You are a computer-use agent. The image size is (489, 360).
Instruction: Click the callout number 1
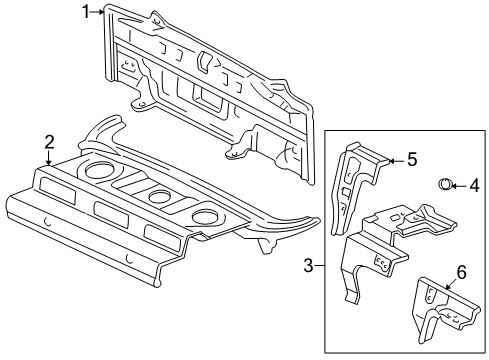tap(86, 11)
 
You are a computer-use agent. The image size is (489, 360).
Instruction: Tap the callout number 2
tap(48, 143)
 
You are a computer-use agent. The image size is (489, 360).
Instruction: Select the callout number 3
tap(309, 265)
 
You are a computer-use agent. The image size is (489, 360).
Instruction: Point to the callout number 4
tap(475, 184)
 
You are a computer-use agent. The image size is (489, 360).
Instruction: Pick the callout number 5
tap(411, 158)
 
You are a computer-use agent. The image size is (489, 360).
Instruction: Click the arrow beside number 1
tap(99, 12)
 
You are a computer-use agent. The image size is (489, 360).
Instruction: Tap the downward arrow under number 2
tap(48, 160)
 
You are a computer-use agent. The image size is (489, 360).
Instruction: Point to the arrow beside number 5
tap(394, 158)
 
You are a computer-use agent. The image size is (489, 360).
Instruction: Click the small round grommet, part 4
tap(446, 183)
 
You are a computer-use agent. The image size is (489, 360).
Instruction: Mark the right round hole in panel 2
tap(207, 217)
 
